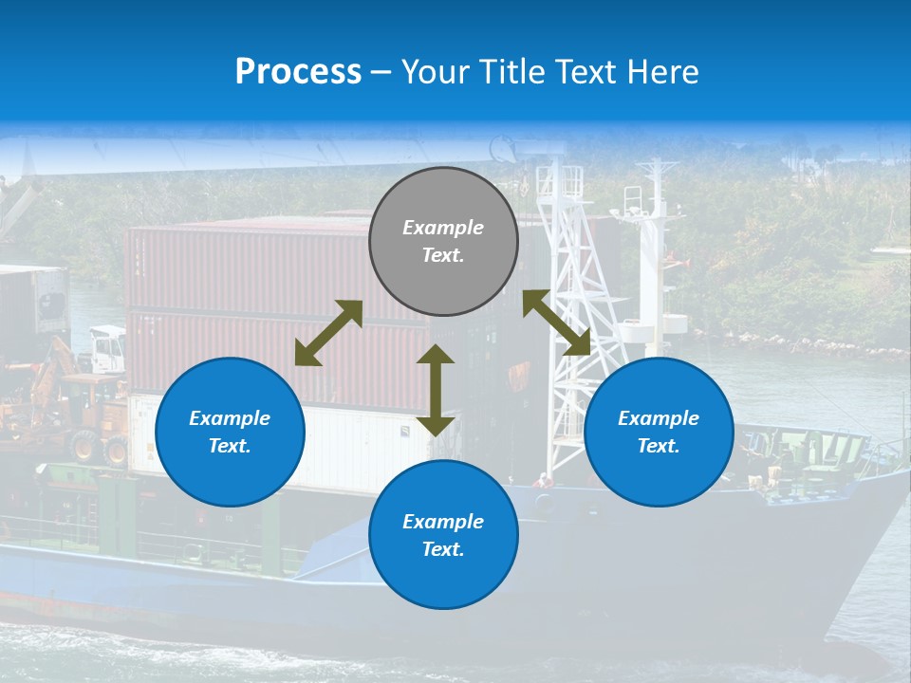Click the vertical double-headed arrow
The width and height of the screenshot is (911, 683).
[x=436, y=390]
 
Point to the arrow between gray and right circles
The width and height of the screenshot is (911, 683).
[x=556, y=323]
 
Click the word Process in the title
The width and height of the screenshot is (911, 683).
[x=298, y=71]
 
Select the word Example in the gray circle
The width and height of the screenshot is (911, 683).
[x=443, y=228]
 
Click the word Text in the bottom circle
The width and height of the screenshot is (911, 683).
[x=441, y=549]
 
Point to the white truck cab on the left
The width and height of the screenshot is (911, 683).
[x=106, y=349]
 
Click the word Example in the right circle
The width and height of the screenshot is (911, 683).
[x=659, y=418]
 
